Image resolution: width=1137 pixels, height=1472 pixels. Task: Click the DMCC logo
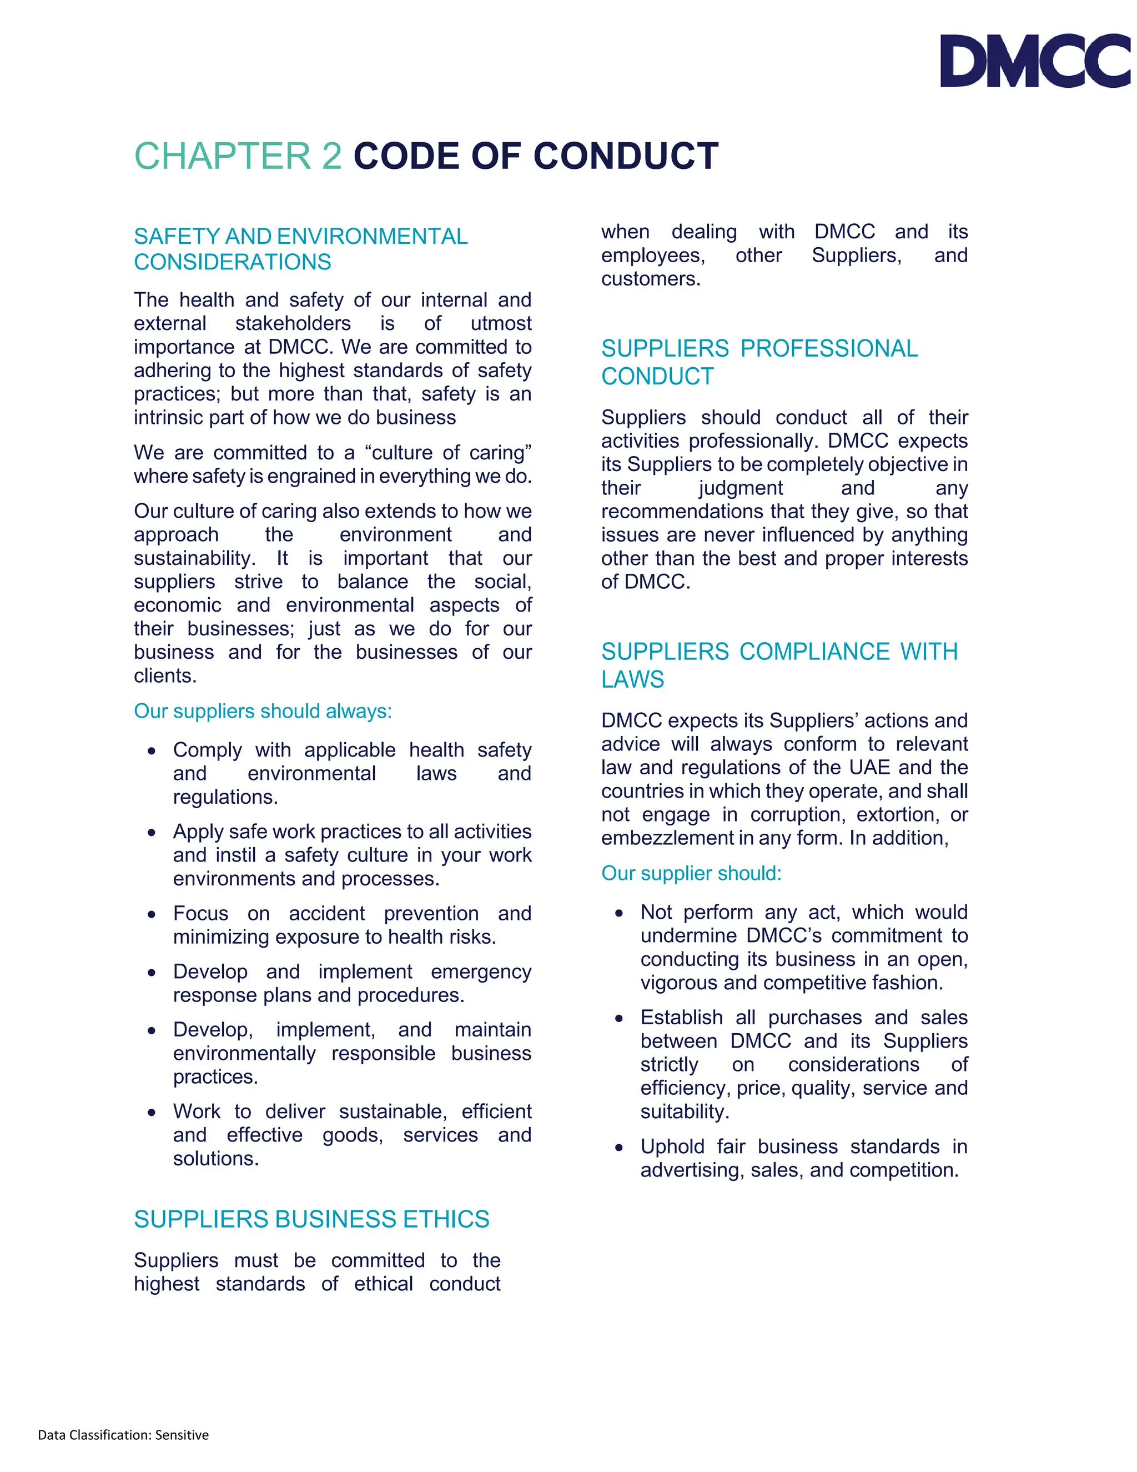1035,61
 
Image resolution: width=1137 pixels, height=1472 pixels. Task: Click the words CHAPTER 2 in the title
238,157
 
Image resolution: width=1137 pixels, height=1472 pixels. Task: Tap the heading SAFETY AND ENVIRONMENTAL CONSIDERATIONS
300,249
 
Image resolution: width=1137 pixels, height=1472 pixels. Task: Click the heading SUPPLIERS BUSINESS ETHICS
311,1219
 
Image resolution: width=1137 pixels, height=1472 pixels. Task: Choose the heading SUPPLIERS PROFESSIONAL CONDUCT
758,362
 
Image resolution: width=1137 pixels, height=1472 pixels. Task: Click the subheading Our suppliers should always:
263,711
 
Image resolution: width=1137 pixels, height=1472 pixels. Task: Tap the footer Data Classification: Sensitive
123,1434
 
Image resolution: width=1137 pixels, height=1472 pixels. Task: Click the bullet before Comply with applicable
152,751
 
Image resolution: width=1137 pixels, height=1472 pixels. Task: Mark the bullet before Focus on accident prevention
152,915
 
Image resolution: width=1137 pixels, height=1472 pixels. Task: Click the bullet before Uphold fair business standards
619,1148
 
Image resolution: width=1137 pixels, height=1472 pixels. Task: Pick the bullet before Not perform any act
619,913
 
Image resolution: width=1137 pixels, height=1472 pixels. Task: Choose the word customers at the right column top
650,278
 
